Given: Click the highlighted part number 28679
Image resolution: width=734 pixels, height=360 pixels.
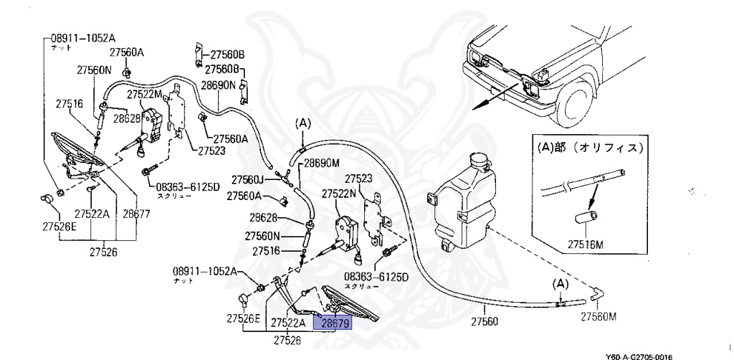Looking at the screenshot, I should tap(335, 323).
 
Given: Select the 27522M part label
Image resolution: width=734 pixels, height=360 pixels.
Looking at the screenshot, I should tap(145, 95).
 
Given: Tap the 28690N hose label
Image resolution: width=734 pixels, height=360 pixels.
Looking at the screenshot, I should tap(218, 85).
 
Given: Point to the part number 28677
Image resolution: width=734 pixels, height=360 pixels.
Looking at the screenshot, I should tap(136, 214).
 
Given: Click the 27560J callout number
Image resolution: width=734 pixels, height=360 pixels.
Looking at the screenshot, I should tap(247, 179).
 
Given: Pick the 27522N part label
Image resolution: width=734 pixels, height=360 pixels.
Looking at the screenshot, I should tap(339, 194).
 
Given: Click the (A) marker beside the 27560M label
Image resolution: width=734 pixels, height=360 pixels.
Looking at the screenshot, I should tap(560, 285).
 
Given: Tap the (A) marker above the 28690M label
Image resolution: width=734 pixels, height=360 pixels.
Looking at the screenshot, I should tap(302, 123).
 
